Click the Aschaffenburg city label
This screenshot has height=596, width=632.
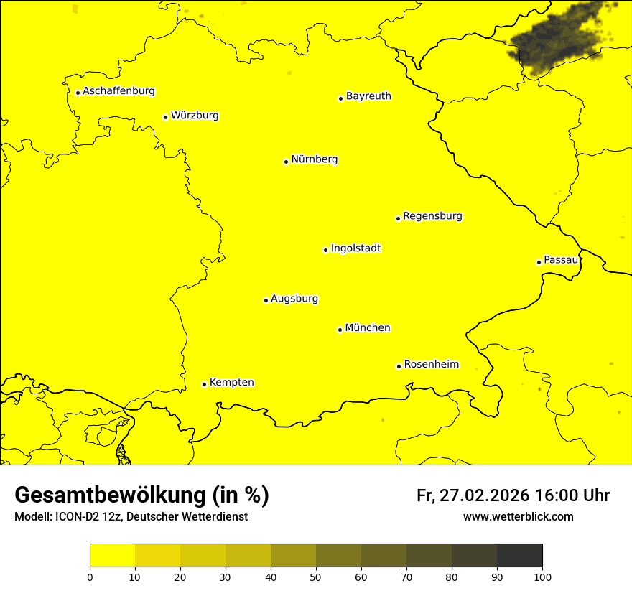click(x=118, y=91)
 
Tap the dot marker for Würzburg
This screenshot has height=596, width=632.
click(x=165, y=117)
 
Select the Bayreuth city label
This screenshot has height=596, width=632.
click(x=368, y=96)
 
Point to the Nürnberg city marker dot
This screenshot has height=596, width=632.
click(x=286, y=162)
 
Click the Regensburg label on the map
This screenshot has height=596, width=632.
click(x=432, y=216)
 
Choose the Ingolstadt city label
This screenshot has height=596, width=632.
click(x=355, y=248)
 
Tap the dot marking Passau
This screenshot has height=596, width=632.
click(x=539, y=262)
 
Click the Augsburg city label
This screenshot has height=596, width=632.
click(x=294, y=299)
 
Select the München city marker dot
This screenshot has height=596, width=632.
click(x=340, y=330)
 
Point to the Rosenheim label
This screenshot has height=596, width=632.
click(x=431, y=365)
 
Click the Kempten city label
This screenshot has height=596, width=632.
click(x=231, y=383)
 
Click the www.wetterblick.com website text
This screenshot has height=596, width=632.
click(x=518, y=517)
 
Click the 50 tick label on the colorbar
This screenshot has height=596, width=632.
click(x=316, y=577)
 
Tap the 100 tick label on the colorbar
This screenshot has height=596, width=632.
click(x=542, y=577)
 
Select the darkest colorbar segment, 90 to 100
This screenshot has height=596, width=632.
click(x=519, y=556)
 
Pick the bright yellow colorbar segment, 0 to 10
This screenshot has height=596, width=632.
click(x=112, y=556)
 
